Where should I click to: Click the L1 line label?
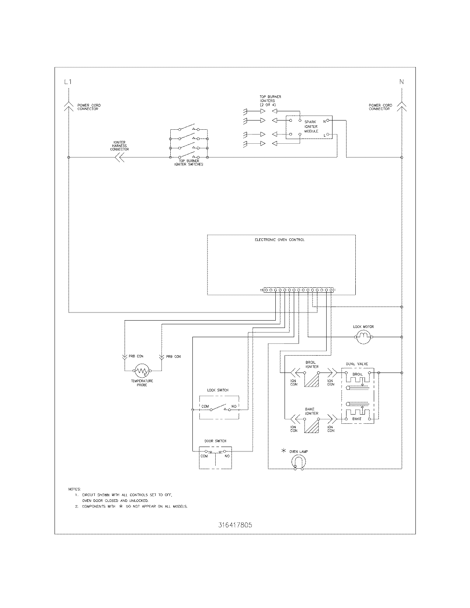(67, 82)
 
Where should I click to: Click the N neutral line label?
(401, 82)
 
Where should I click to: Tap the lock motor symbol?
(363, 336)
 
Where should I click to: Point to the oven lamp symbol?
(299, 462)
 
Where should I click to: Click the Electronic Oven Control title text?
(279, 240)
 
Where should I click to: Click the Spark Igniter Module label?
(311, 126)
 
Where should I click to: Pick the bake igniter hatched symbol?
(311, 425)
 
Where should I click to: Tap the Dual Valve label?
(357, 364)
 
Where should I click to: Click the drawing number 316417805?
(235, 525)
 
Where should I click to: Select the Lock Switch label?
(218, 390)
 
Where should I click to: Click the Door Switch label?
(215, 441)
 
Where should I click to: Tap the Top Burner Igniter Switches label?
(188, 163)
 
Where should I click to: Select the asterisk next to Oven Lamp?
(283, 451)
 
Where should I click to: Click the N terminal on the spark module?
(327, 120)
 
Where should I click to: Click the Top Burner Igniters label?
(270, 101)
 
